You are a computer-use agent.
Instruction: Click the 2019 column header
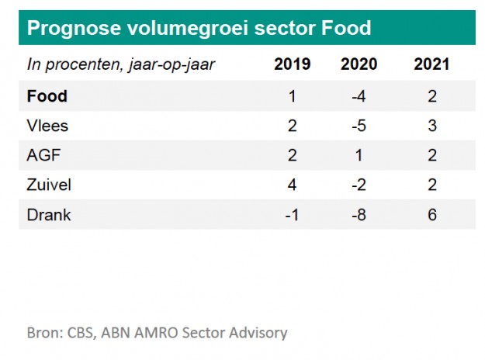(293, 64)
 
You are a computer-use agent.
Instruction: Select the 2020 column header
(359, 64)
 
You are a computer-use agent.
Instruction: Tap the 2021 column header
(431, 64)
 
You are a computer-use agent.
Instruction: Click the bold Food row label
(47, 97)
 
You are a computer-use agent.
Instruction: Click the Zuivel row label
(48, 185)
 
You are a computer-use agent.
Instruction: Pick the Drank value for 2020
(359, 215)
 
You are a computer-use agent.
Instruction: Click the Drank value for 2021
(431, 215)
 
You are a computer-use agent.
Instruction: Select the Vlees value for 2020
(359, 126)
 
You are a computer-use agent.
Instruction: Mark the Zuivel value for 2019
(293, 185)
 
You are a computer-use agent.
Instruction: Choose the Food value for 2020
(359, 97)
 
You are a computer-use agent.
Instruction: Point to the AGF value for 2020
(359, 156)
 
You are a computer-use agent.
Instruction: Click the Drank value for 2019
(293, 215)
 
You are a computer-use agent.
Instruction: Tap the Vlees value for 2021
(431, 126)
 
